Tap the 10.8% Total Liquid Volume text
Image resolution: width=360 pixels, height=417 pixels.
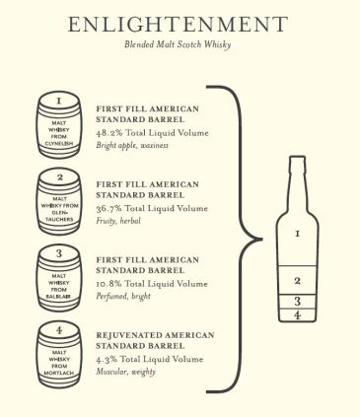151,284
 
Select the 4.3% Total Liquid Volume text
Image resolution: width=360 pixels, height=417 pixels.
149,361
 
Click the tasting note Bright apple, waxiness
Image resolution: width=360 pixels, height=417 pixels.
133,145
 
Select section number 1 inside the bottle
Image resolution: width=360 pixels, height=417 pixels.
298,235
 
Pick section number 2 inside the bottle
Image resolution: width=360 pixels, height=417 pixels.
298,280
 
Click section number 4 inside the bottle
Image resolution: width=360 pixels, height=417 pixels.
298,314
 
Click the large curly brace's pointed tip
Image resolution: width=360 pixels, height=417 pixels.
257,237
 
